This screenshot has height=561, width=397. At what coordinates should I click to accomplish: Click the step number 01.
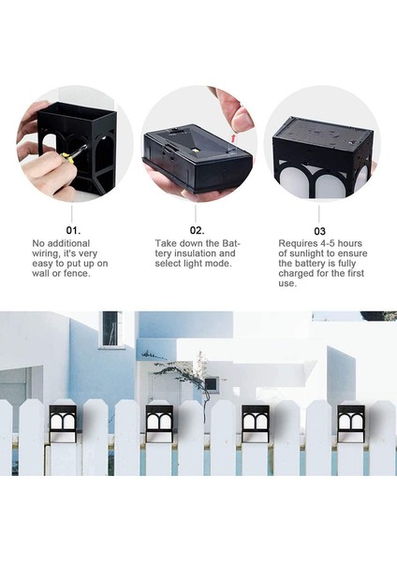[x=72, y=228]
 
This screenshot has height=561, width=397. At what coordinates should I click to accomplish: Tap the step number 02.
[x=197, y=228]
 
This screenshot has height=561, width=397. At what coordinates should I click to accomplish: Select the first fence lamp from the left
[x=63, y=422]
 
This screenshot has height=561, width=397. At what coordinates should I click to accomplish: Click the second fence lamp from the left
[x=158, y=422]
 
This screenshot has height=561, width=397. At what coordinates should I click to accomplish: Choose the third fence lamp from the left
[x=254, y=422]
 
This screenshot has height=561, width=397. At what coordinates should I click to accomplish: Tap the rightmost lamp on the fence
[x=350, y=422]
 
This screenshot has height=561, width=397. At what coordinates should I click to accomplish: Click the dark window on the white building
[x=111, y=328]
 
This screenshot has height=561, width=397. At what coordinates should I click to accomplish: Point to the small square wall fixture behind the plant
[x=212, y=383]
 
